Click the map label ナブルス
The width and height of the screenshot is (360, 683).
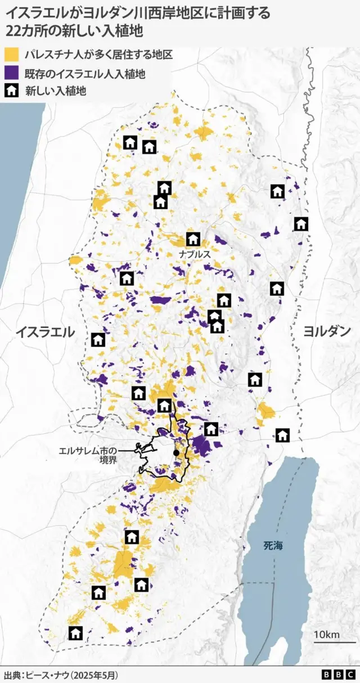coord(195,254)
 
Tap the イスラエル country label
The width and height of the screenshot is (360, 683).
coord(45,332)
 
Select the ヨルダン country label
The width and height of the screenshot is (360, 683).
coord(327,331)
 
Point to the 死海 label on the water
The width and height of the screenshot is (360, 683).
coord(274,545)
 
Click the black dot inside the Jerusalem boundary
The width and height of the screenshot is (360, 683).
coord(176,453)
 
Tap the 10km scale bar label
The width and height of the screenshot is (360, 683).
coord(326,635)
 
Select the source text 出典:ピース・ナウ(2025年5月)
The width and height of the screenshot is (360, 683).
coord(62,674)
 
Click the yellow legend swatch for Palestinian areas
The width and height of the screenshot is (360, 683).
coord(12,55)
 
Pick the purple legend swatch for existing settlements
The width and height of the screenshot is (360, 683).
coord(12,73)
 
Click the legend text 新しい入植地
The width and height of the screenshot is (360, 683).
coord(55,91)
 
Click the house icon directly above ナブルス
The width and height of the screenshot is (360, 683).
coord(193,239)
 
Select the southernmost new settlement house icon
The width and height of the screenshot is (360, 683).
coord(76,633)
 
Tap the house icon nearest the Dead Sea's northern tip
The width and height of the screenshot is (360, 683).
coord(282,435)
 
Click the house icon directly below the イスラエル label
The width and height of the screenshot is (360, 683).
coord(98,339)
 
